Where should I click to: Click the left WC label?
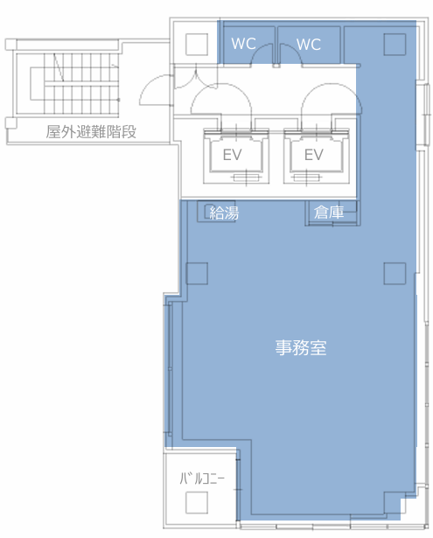243,44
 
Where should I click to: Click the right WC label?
309,45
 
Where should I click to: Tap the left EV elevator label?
233,155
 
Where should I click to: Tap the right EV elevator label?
314,155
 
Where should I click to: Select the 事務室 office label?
301,347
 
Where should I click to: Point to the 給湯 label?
224,213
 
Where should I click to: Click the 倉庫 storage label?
329,213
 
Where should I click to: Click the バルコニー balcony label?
202,478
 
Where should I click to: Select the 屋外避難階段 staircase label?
91,132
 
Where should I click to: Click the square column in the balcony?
197,502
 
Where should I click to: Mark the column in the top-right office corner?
395,45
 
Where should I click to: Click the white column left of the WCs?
197,45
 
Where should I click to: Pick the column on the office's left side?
197,274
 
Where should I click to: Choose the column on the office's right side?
395,274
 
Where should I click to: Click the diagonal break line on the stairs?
59,67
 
